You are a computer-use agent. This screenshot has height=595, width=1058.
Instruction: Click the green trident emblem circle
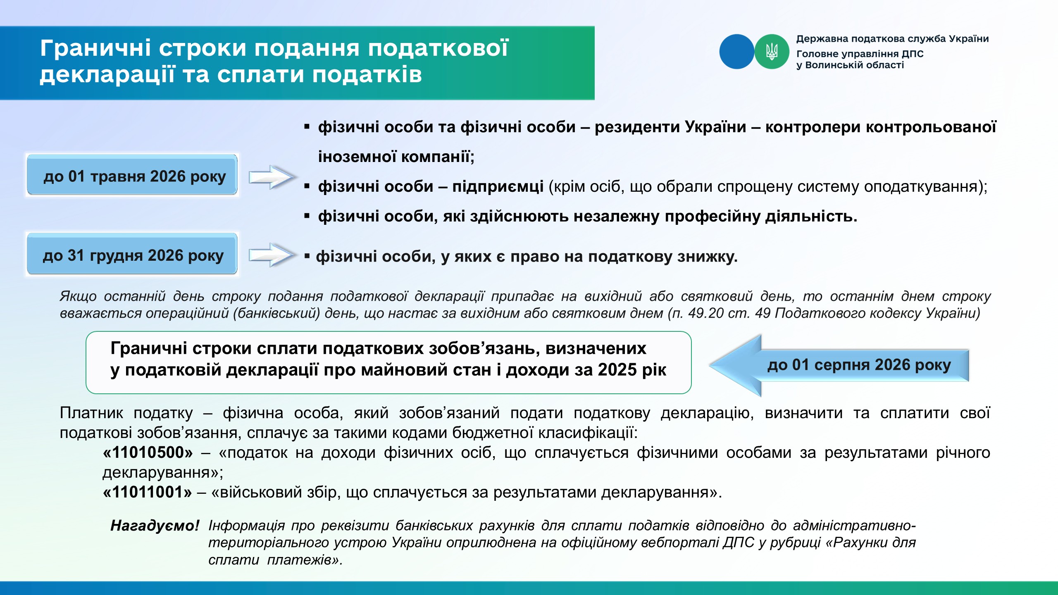click(x=772, y=52)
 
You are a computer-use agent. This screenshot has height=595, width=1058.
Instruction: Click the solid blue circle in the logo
click(x=737, y=52)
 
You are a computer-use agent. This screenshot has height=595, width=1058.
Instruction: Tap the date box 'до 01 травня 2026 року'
click(x=132, y=175)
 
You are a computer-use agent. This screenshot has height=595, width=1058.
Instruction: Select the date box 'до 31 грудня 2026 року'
click(x=132, y=254)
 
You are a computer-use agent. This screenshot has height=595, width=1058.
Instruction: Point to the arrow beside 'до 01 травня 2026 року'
click(x=272, y=177)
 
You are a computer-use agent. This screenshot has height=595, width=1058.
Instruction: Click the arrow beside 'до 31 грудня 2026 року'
click(x=272, y=255)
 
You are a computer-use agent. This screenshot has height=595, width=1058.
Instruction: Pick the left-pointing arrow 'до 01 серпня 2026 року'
click(x=839, y=365)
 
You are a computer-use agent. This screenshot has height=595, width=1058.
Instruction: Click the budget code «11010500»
click(x=148, y=452)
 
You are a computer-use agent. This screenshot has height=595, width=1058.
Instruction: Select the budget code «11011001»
click(x=148, y=492)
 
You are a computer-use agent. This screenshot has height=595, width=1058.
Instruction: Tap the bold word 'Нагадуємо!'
click(x=155, y=526)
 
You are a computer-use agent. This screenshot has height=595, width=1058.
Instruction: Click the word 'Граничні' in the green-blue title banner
click(x=95, y=48)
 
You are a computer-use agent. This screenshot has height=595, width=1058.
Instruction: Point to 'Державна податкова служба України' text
click(x=893, y=39)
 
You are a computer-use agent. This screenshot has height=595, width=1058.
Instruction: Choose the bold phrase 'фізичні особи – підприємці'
click(x=431, y=187)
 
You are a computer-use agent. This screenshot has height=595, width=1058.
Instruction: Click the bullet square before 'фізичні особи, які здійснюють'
click(x=307, y=216)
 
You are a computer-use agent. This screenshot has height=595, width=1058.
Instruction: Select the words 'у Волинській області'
click(x=850, y=65)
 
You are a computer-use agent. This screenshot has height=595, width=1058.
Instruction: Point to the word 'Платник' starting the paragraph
click(x=91, y=413)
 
